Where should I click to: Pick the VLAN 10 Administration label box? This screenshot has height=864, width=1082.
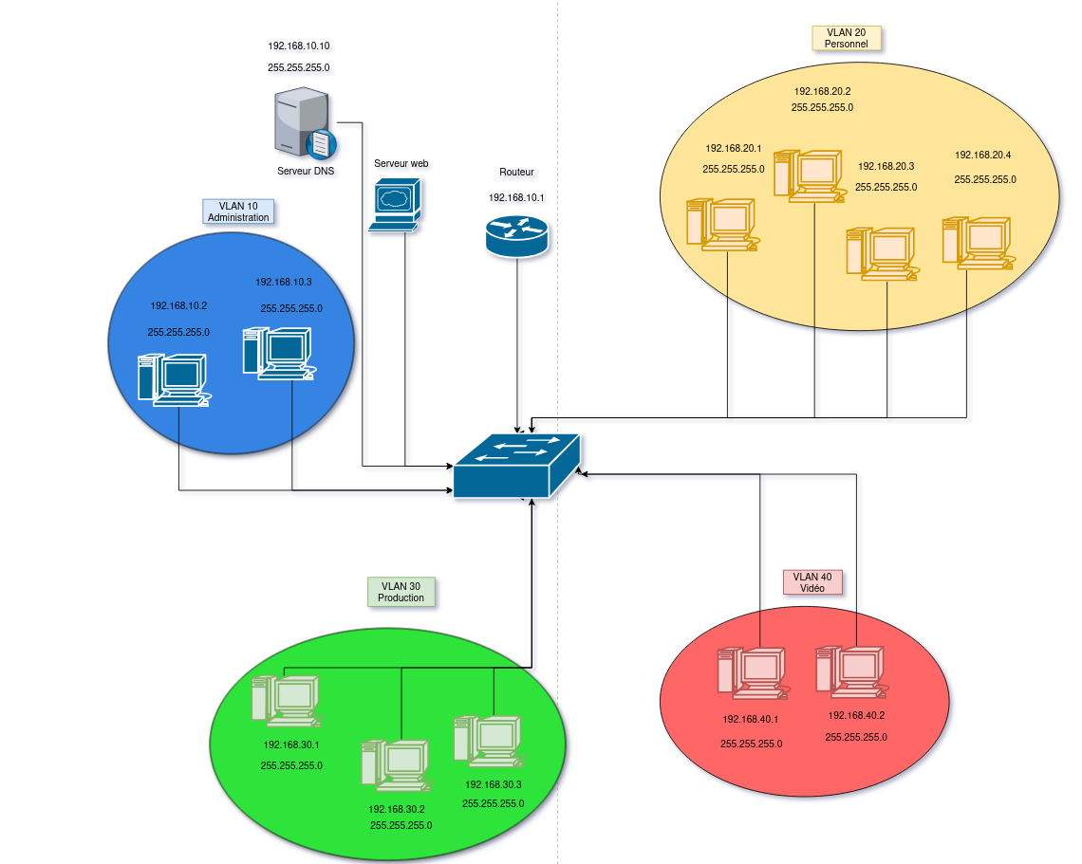[x=238, y=211]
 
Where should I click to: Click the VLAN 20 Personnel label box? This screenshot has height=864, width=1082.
[x=846, y=37]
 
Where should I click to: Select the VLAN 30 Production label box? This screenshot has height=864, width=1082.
[x=401, y=592]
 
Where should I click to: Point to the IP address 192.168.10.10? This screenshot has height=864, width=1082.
[x=299, y=46]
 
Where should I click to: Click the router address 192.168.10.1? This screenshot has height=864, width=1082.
[x=516, y=197]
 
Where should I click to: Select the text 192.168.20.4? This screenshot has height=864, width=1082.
[x=982, y=155]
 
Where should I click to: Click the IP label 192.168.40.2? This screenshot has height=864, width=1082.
[x=856, y=715]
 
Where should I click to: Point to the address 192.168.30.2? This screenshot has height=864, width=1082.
[x=397, y=809]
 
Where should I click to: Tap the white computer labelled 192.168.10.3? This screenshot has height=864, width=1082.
[x=277, y=353]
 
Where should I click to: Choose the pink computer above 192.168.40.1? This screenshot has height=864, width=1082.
[x=751, y=674]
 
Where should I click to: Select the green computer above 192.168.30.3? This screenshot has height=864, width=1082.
[x=487, y=741]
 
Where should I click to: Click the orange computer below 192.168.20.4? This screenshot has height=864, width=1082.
[x=978, y=243]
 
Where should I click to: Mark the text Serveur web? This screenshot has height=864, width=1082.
[x=401, y=163]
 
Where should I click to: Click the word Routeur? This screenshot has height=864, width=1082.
[x=516, y=173]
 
